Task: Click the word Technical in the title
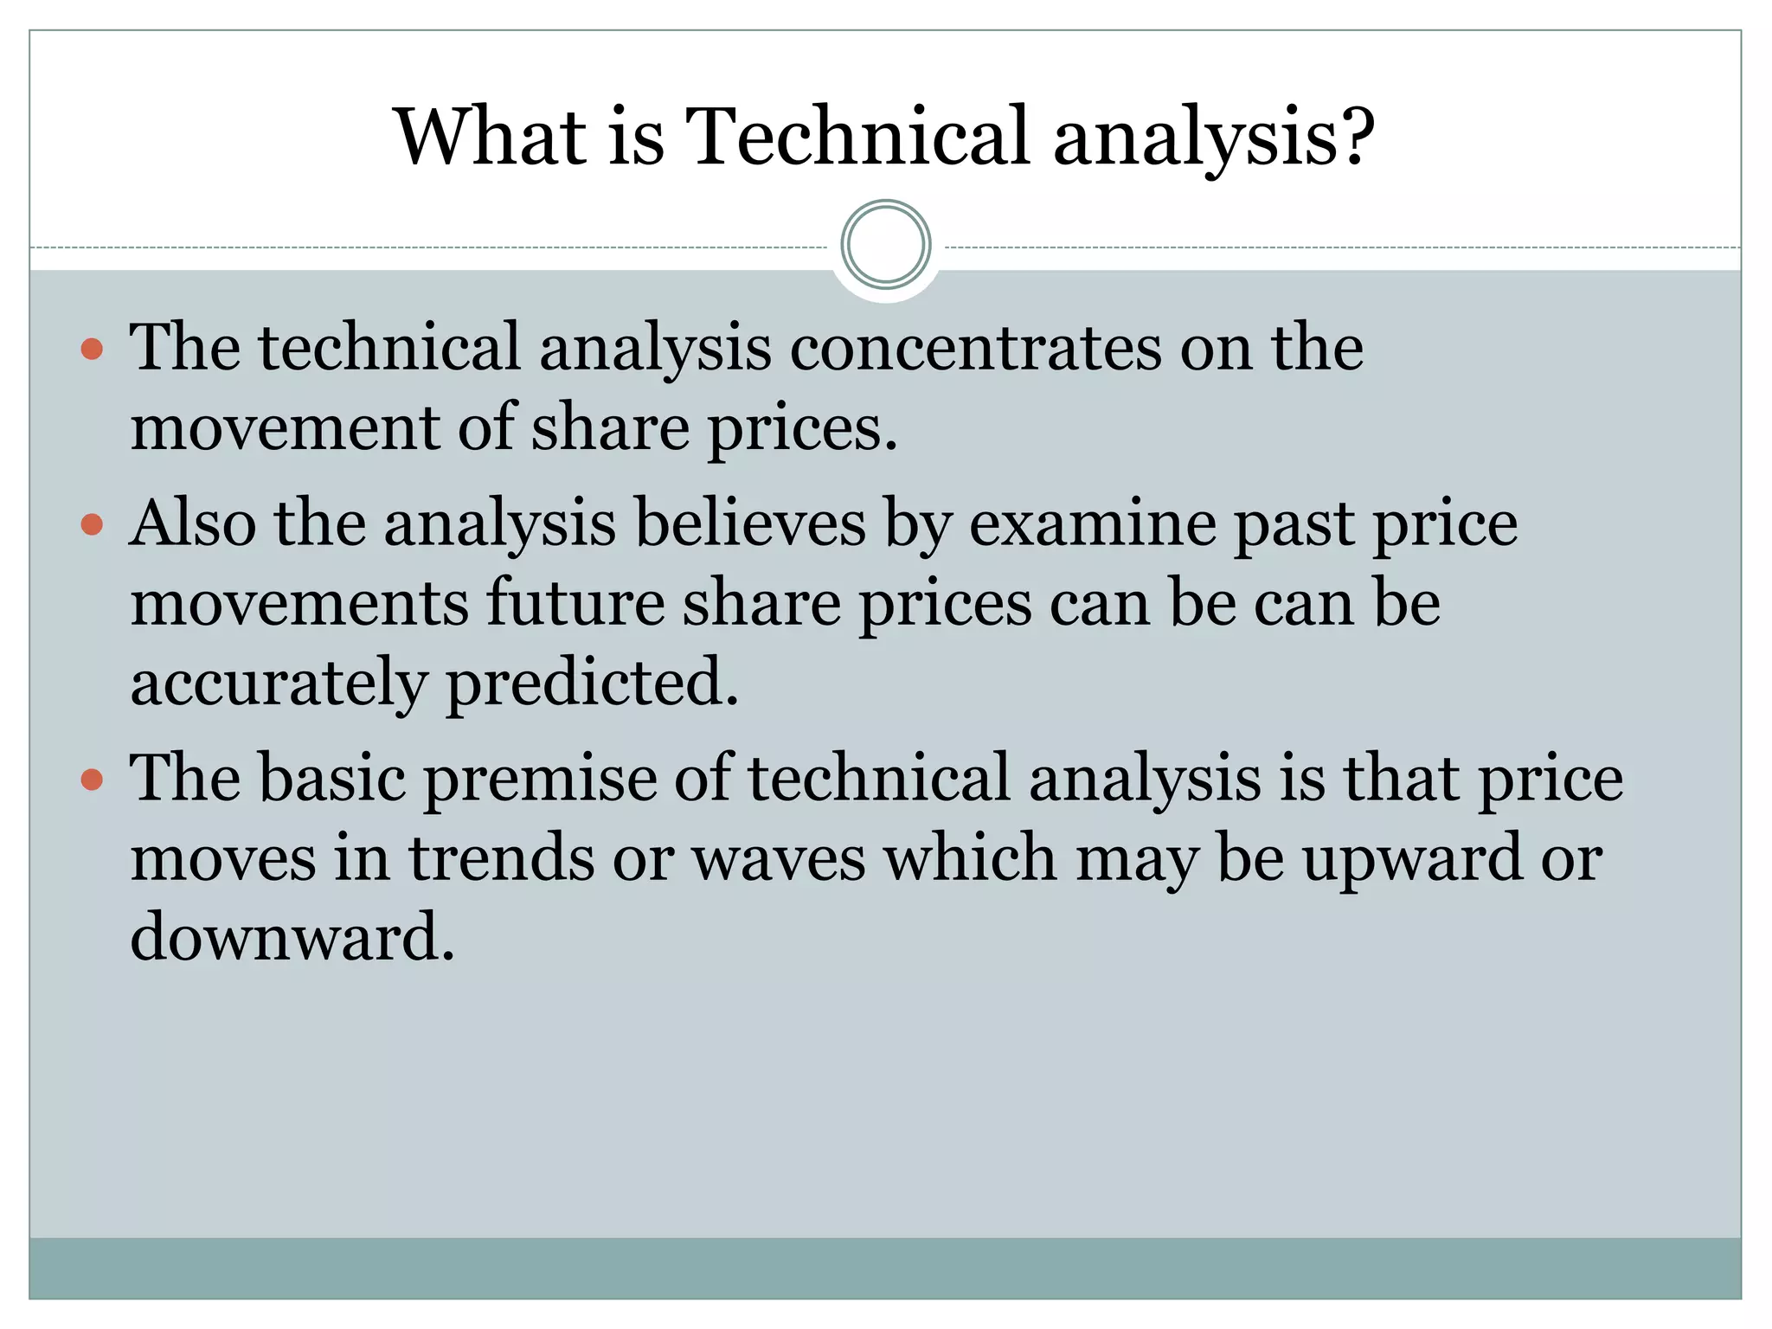pos(857,137)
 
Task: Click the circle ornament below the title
pos(885,245)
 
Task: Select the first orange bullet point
pos(92,350)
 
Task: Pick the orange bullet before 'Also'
pos(92,525)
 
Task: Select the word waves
pos(779,860)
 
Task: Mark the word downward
pos(292,938)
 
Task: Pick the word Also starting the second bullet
pos(192,523)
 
